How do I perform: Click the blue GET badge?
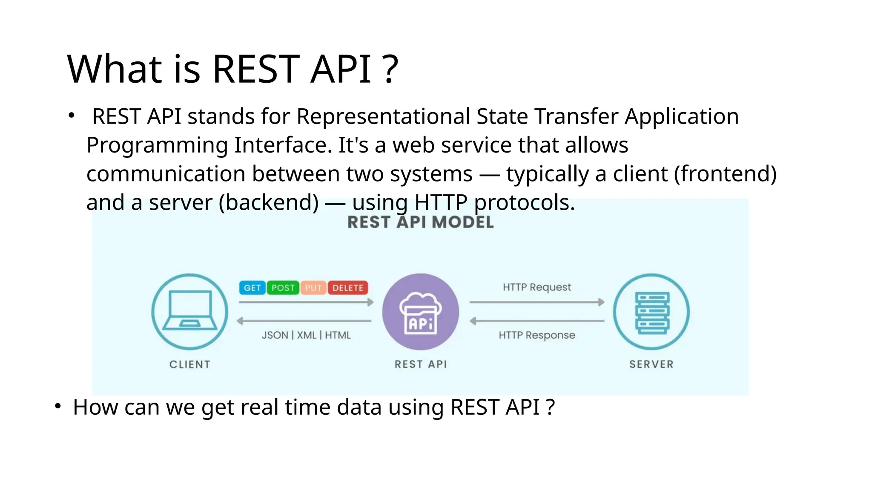click(x=252, y=288)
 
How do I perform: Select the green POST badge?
click(x=283, y=288)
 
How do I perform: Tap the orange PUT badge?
click(x=313, y=288)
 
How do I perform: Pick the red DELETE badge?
click(x=347, y=288)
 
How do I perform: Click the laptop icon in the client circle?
click(x=190, y=310)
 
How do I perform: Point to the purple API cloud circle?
click(x=421, y=312)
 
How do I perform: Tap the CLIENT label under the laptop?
click(x=190, y=364)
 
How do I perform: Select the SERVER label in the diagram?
click(x=651, y=364)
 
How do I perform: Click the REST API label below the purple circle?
click(x=421, y=364)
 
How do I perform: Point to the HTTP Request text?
click(x=536, y=287)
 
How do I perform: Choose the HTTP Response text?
click(x=536, y=335)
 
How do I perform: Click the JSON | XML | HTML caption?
click(x=306, y=335)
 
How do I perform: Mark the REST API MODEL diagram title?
click(x=421, y=222)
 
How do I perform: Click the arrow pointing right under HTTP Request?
click(x=536, y=302)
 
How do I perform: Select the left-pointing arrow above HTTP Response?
click(x=536, y=321)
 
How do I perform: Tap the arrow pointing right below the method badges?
click(x=306, y=302)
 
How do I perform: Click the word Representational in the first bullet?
click(x=383, y=116)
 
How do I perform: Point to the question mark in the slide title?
click(x=390, y=69)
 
